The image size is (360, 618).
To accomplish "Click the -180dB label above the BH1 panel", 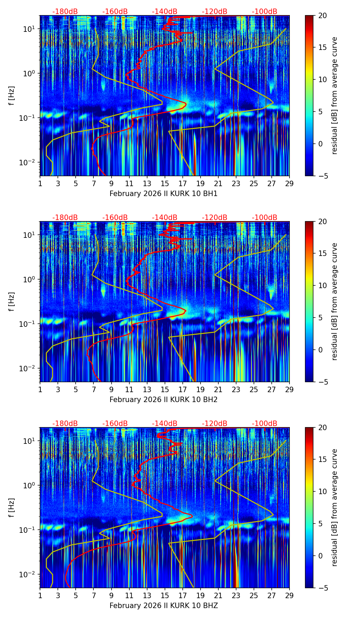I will (65, 12).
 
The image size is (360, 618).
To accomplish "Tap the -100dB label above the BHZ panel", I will (265, 424).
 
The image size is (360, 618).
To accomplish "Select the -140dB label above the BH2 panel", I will (165, 218).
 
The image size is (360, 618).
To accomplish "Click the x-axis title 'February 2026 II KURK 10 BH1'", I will (164, 194).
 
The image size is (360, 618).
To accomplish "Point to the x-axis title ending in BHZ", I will (164, 606).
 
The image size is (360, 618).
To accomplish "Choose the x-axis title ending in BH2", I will (164, 400).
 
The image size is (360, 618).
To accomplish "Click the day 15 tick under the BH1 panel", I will (165, 183).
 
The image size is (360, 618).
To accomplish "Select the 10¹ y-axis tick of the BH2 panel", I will (30, 235).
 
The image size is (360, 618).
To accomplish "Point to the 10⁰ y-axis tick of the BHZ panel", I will (30, 485).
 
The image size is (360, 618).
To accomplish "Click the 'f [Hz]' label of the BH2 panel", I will (12, 301).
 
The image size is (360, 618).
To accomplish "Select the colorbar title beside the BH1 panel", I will (334, 95).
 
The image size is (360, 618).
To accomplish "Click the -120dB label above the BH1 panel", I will (215, 12).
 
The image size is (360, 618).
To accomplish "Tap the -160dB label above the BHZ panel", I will (115, 424).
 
